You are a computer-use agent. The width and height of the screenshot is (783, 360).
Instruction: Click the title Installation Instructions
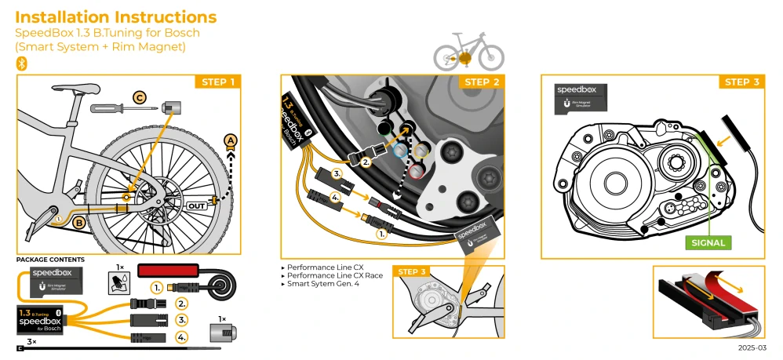pyautogui.click(x=116, y=16)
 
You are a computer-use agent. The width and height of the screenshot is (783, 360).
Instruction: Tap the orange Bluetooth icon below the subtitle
pyautogui.click(x=22, y=63)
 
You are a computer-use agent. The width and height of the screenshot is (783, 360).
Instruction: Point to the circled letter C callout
pyautogui.click(x=140, y=98)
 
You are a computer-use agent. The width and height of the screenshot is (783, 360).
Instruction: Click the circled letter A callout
pyautogui.click(x=230, y=141)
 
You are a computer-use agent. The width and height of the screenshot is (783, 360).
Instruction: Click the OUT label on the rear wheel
pyautogui.click(x=198, y=205)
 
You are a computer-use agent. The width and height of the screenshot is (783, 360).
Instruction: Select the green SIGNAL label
pyautogui.click(x=708, y=242)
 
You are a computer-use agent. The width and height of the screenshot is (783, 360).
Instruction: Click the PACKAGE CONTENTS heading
pyautogui.click(x=51, y=260)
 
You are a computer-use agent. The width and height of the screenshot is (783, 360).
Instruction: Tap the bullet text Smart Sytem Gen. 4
pyautogui.click(x=325, y=284)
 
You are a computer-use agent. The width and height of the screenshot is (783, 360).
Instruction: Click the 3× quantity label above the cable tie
pyautogui.click(x=31, y=342)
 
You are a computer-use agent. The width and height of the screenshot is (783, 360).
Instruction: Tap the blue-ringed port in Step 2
pyautogui.click(x=399, y=148)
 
